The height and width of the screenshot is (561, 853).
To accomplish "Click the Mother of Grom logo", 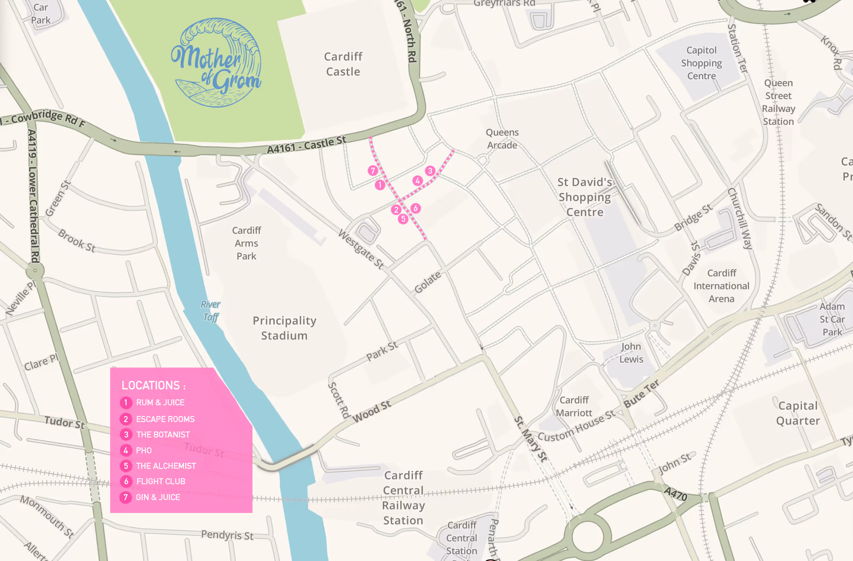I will point(216,63).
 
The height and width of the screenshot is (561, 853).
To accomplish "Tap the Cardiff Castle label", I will point(343,64).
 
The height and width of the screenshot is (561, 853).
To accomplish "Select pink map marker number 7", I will point(373,171).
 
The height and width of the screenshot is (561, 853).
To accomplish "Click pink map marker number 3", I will point(430,171).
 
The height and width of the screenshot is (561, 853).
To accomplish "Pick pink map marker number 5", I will point(403,219).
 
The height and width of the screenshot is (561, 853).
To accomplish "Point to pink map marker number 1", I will point(380,185).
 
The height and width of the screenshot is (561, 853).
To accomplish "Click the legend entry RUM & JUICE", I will point(160,402).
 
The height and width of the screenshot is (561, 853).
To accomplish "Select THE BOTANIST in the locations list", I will point(163,434).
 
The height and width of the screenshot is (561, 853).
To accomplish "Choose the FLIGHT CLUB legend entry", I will point(161,481).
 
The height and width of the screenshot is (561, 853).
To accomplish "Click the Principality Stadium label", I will point(284,328).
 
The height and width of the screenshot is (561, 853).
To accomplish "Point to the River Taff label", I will point(210,311).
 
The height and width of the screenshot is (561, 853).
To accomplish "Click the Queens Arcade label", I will point(502,139).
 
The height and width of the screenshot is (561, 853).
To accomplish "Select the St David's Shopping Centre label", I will point(585,197).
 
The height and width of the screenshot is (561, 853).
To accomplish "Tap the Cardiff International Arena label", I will point(721,286).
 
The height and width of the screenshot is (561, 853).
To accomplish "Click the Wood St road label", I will point(371,411).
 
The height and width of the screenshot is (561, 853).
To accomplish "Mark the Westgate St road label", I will point(361,249).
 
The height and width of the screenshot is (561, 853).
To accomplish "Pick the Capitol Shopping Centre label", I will point(701,63).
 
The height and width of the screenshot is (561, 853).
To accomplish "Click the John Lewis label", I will point(631,353).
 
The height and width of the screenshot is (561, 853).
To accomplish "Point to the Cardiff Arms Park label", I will point(246,243).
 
